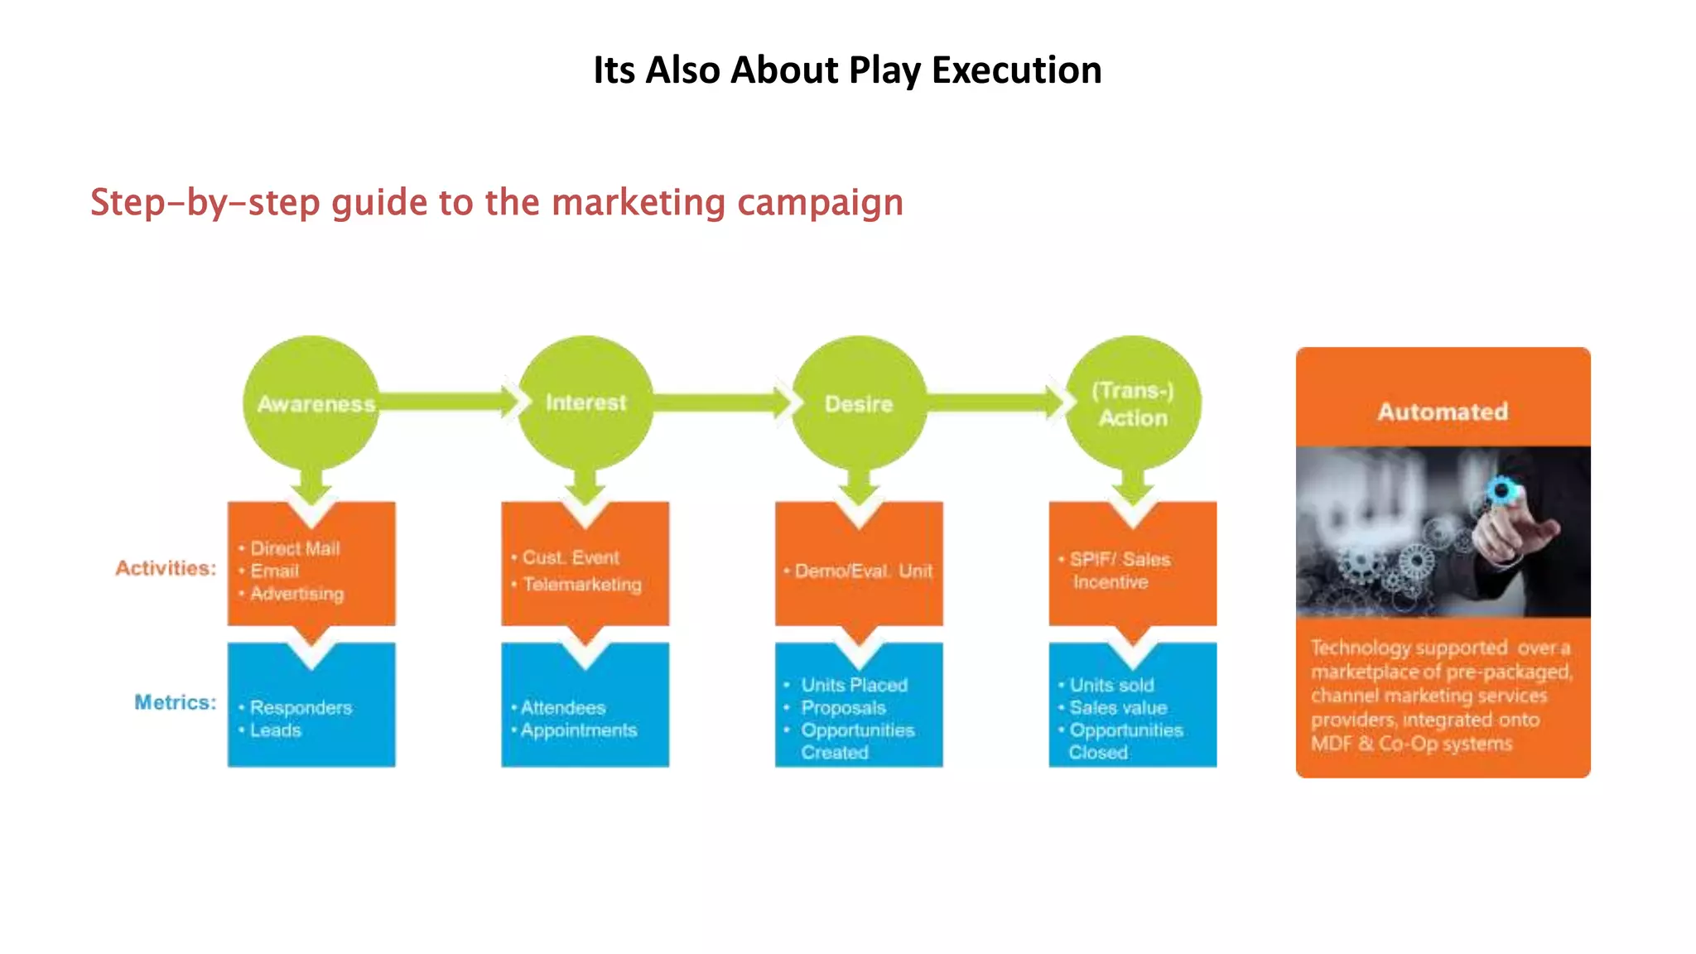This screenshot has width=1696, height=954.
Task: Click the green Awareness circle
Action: pos(311,403)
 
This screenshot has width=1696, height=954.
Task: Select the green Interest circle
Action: pos(585,403)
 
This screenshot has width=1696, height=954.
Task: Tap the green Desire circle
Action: pos(859,403)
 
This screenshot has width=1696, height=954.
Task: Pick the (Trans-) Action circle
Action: pos(1133,403)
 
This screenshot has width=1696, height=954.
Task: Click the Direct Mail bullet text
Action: pos(295,548)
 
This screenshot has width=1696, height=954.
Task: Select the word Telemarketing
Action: pos(582,585)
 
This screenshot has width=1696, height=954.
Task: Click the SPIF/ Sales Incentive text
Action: pos(1119,571)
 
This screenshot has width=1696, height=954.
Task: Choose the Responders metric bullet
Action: pos(301,708)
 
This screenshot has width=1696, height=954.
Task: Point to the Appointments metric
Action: pos(579,730)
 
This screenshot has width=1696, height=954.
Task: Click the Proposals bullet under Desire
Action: pos(843,708)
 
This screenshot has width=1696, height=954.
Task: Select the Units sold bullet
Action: pos(1111,685)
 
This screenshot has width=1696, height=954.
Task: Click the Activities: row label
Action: pos(166,568)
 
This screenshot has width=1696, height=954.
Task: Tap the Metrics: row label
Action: pos(175,702)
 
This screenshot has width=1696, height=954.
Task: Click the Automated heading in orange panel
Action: pos(1443,412)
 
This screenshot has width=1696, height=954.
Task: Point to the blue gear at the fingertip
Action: pos(1501,491)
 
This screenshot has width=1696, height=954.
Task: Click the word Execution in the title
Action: pos(1016,70)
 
